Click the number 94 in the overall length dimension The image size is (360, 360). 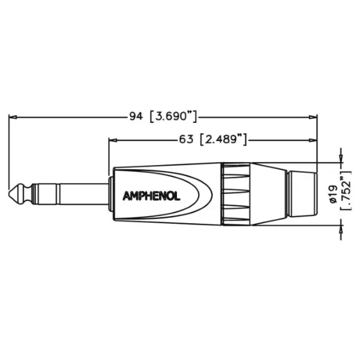(136, 116)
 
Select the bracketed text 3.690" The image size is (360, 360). (173, 116)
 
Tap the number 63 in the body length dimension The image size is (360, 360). (186, 139)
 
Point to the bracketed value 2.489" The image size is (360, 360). (223, 139)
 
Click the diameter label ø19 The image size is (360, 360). (334, 193)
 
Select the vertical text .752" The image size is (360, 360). (345, 193)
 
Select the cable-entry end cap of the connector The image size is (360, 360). (300, 194)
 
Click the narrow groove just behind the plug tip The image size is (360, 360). (26, 194)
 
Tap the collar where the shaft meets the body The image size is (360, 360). (110, 194)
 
